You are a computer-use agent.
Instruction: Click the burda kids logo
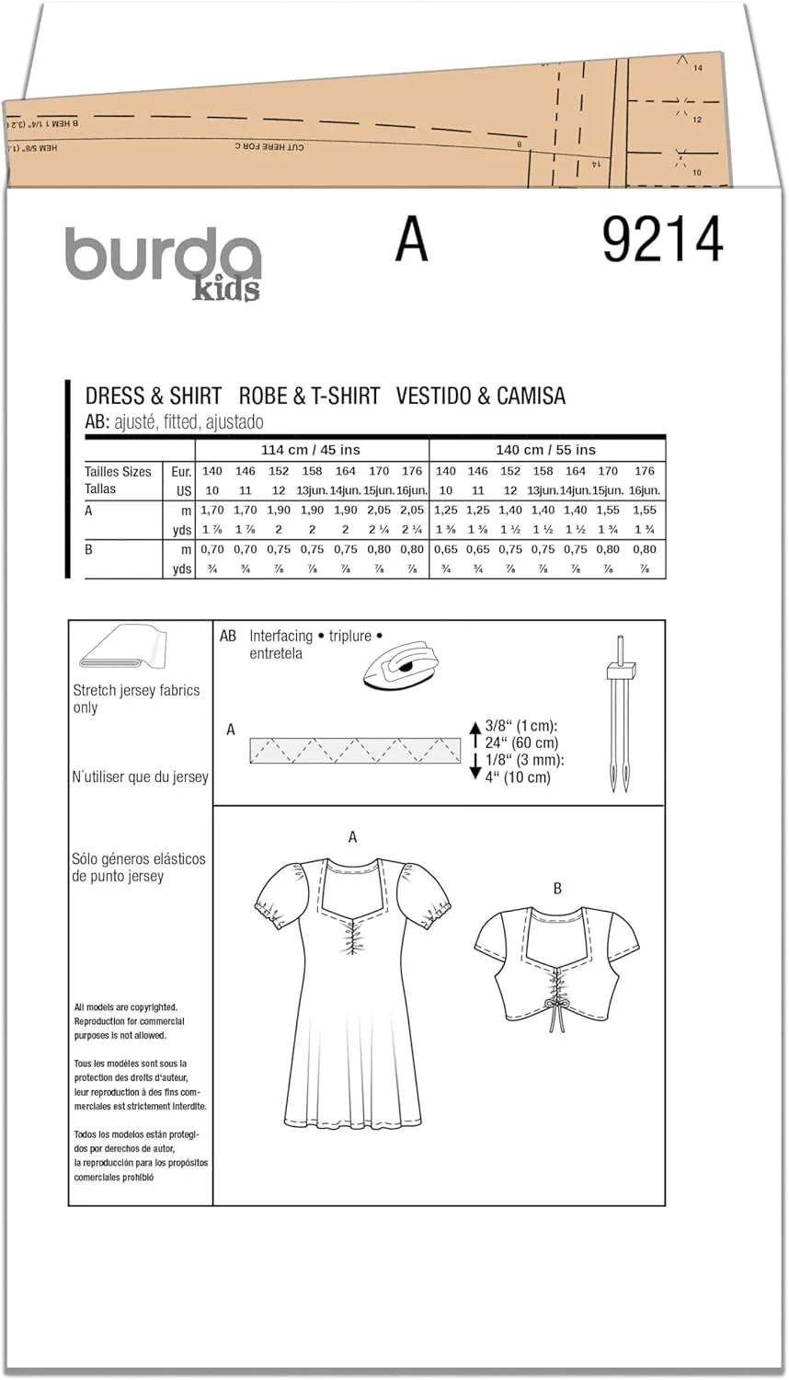[x=163, y=262]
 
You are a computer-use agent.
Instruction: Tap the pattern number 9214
[x=662, y=241]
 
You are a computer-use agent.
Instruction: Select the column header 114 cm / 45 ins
[x=311, y=450]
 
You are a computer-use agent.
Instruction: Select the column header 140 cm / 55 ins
[x=546, y=450]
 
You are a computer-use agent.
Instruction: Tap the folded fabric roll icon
[x=123, y=650]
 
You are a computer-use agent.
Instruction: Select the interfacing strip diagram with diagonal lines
[x=355, y=751]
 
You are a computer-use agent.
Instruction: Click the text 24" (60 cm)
[x=521, y=742]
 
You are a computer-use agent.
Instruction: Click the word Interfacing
[x=281, y=636]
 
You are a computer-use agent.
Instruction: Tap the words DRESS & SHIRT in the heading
[x=154, y=396]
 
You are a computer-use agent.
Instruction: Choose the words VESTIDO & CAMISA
[x=481, y=396]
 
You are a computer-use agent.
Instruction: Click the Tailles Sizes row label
[x=118, y=471]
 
